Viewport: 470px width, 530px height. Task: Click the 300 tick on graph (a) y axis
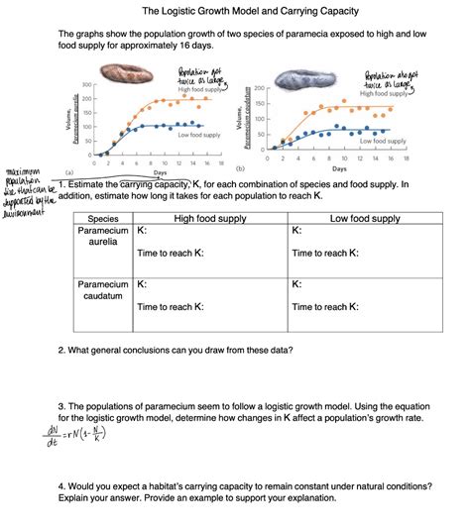click(x=87, y=83)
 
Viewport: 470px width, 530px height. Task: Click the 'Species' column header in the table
click(x=103, y=219)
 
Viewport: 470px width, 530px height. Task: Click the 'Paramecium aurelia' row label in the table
click(x=103, y=237)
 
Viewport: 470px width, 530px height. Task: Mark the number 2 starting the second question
click(x=61, y=351)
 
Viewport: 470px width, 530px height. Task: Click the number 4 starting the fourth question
click(x=61, y=485)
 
